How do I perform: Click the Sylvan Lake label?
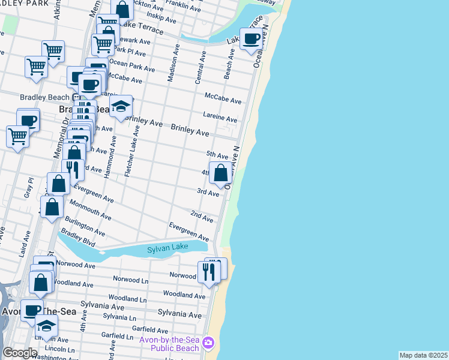click(168, 248)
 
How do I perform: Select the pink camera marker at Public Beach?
click(208, 343)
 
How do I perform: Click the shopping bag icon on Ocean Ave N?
click(221, 173)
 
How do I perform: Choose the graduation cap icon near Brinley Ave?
click(121, 107)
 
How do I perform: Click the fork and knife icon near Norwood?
click(209, 272)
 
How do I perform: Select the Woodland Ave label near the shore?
click(184, 295)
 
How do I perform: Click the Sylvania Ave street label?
click(179, 314)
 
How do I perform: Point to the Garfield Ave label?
click(151, 329)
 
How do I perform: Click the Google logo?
click(20, 353)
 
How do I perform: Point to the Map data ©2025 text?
click(423, 355)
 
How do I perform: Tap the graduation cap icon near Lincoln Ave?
click(46, 326)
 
